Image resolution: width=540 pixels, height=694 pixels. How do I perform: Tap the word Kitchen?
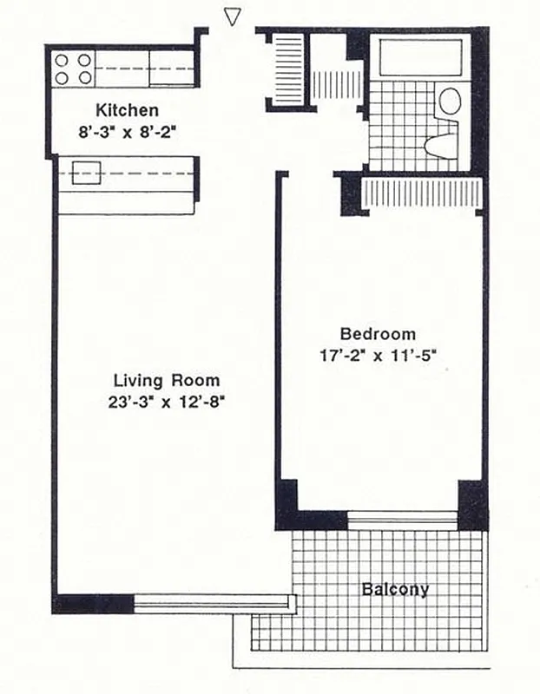127,110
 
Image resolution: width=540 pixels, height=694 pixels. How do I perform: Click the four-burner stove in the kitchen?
74,69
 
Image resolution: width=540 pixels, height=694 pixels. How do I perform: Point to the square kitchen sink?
86,173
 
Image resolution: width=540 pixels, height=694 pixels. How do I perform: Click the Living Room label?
166,380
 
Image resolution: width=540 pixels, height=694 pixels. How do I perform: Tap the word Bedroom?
377,333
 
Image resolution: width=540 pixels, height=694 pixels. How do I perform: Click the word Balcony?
395,590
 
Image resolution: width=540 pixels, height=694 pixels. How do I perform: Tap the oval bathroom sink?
450,100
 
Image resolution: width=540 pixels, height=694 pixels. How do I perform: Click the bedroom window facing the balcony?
402,520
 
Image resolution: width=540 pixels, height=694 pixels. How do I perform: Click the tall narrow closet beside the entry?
286,69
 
